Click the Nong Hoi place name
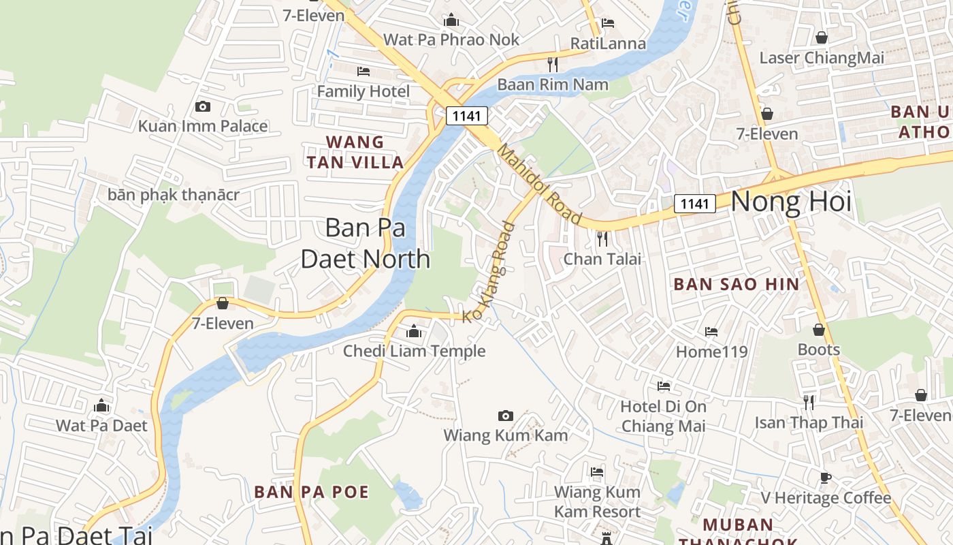pyautogui.click(x=791, y=202)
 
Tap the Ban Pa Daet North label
pyautogui.click(x=366, y=243)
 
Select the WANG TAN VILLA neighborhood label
pyautogui.click(x=355, y=152)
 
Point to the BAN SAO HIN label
pyautogui.click(x=737, y=284)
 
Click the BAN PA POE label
pyautogui.click(x=311, y=492)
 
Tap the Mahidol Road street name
pyautogui.click(x=539, y=184)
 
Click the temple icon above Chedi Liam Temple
pyautogui.click(x=413, y=332)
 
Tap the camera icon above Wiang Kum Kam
pyautogui.click(x=505, y=416)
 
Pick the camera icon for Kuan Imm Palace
pyautogui.click(x=202, y=106)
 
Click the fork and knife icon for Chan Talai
pyautogui.click(x=602, y=238)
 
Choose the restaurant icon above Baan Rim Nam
pyautogui.click(x=553, y=65)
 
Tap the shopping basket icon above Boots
pyautogui.click(x=819, y=330)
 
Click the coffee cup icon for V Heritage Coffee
pyautogui.click(x=825, y=478)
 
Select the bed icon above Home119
pyautogui.click(x=711, y=332)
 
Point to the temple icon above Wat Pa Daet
pyautogui.click(x=101, y=406)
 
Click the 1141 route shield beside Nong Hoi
pyautogui.click(x=695, y=203)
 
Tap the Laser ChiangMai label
pyautogui.click(x=822, y=58)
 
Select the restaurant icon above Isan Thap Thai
pyautogui.click(x=808, y=402)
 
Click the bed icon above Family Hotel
pyautogui.click(x=364, y=71)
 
